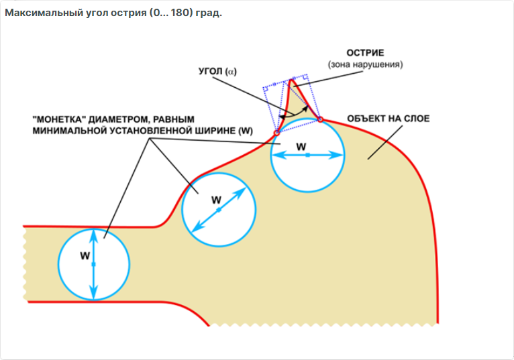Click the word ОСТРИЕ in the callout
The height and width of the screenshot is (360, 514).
[x=364, y=53]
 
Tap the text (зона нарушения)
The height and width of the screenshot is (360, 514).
[x=364, y=64]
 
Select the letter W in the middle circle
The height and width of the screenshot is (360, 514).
[x=216, y=199]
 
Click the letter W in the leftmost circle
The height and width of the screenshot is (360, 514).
[x=84, y=255]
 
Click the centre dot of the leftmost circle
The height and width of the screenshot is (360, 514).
[x=94, y=265]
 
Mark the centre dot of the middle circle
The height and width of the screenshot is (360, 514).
[x=219, y=210]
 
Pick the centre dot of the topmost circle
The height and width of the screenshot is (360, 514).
[x=307, y=155]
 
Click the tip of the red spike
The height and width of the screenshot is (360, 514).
[x=291, y=80]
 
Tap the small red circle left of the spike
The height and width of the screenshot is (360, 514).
[x=276, y=133]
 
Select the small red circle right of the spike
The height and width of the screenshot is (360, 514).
[x=320, y=119]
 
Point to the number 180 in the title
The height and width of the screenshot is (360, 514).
[x=176, y=13]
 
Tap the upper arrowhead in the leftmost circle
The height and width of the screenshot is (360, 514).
[x=94, y=235]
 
